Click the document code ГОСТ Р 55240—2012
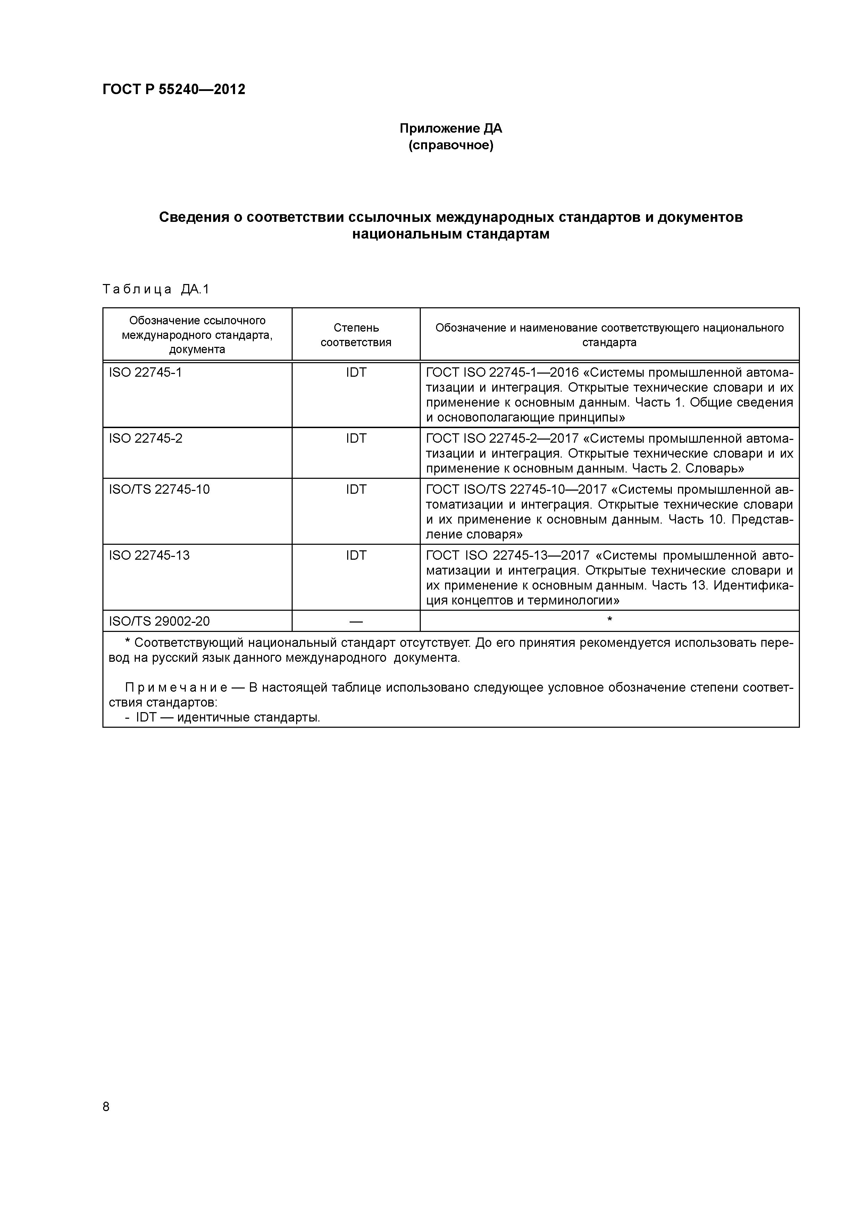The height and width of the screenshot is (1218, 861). [174, 90]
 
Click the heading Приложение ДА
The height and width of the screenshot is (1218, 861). [450, 128]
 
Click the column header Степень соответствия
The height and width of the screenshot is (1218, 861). [356, 335]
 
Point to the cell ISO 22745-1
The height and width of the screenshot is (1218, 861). [145, 373]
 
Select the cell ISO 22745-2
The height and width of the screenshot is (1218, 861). [145, 438]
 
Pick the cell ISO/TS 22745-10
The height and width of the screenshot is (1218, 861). [159, 489]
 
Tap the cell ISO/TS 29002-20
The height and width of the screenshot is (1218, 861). [159, 621]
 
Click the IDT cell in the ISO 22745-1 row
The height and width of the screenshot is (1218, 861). [356, 373]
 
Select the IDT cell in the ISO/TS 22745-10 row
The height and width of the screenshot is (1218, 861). [356, 489]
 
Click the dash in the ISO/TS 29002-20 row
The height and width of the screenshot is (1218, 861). [356, 621]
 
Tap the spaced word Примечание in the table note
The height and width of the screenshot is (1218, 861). [176, 687]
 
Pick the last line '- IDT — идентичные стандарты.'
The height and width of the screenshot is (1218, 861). [223, 718]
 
